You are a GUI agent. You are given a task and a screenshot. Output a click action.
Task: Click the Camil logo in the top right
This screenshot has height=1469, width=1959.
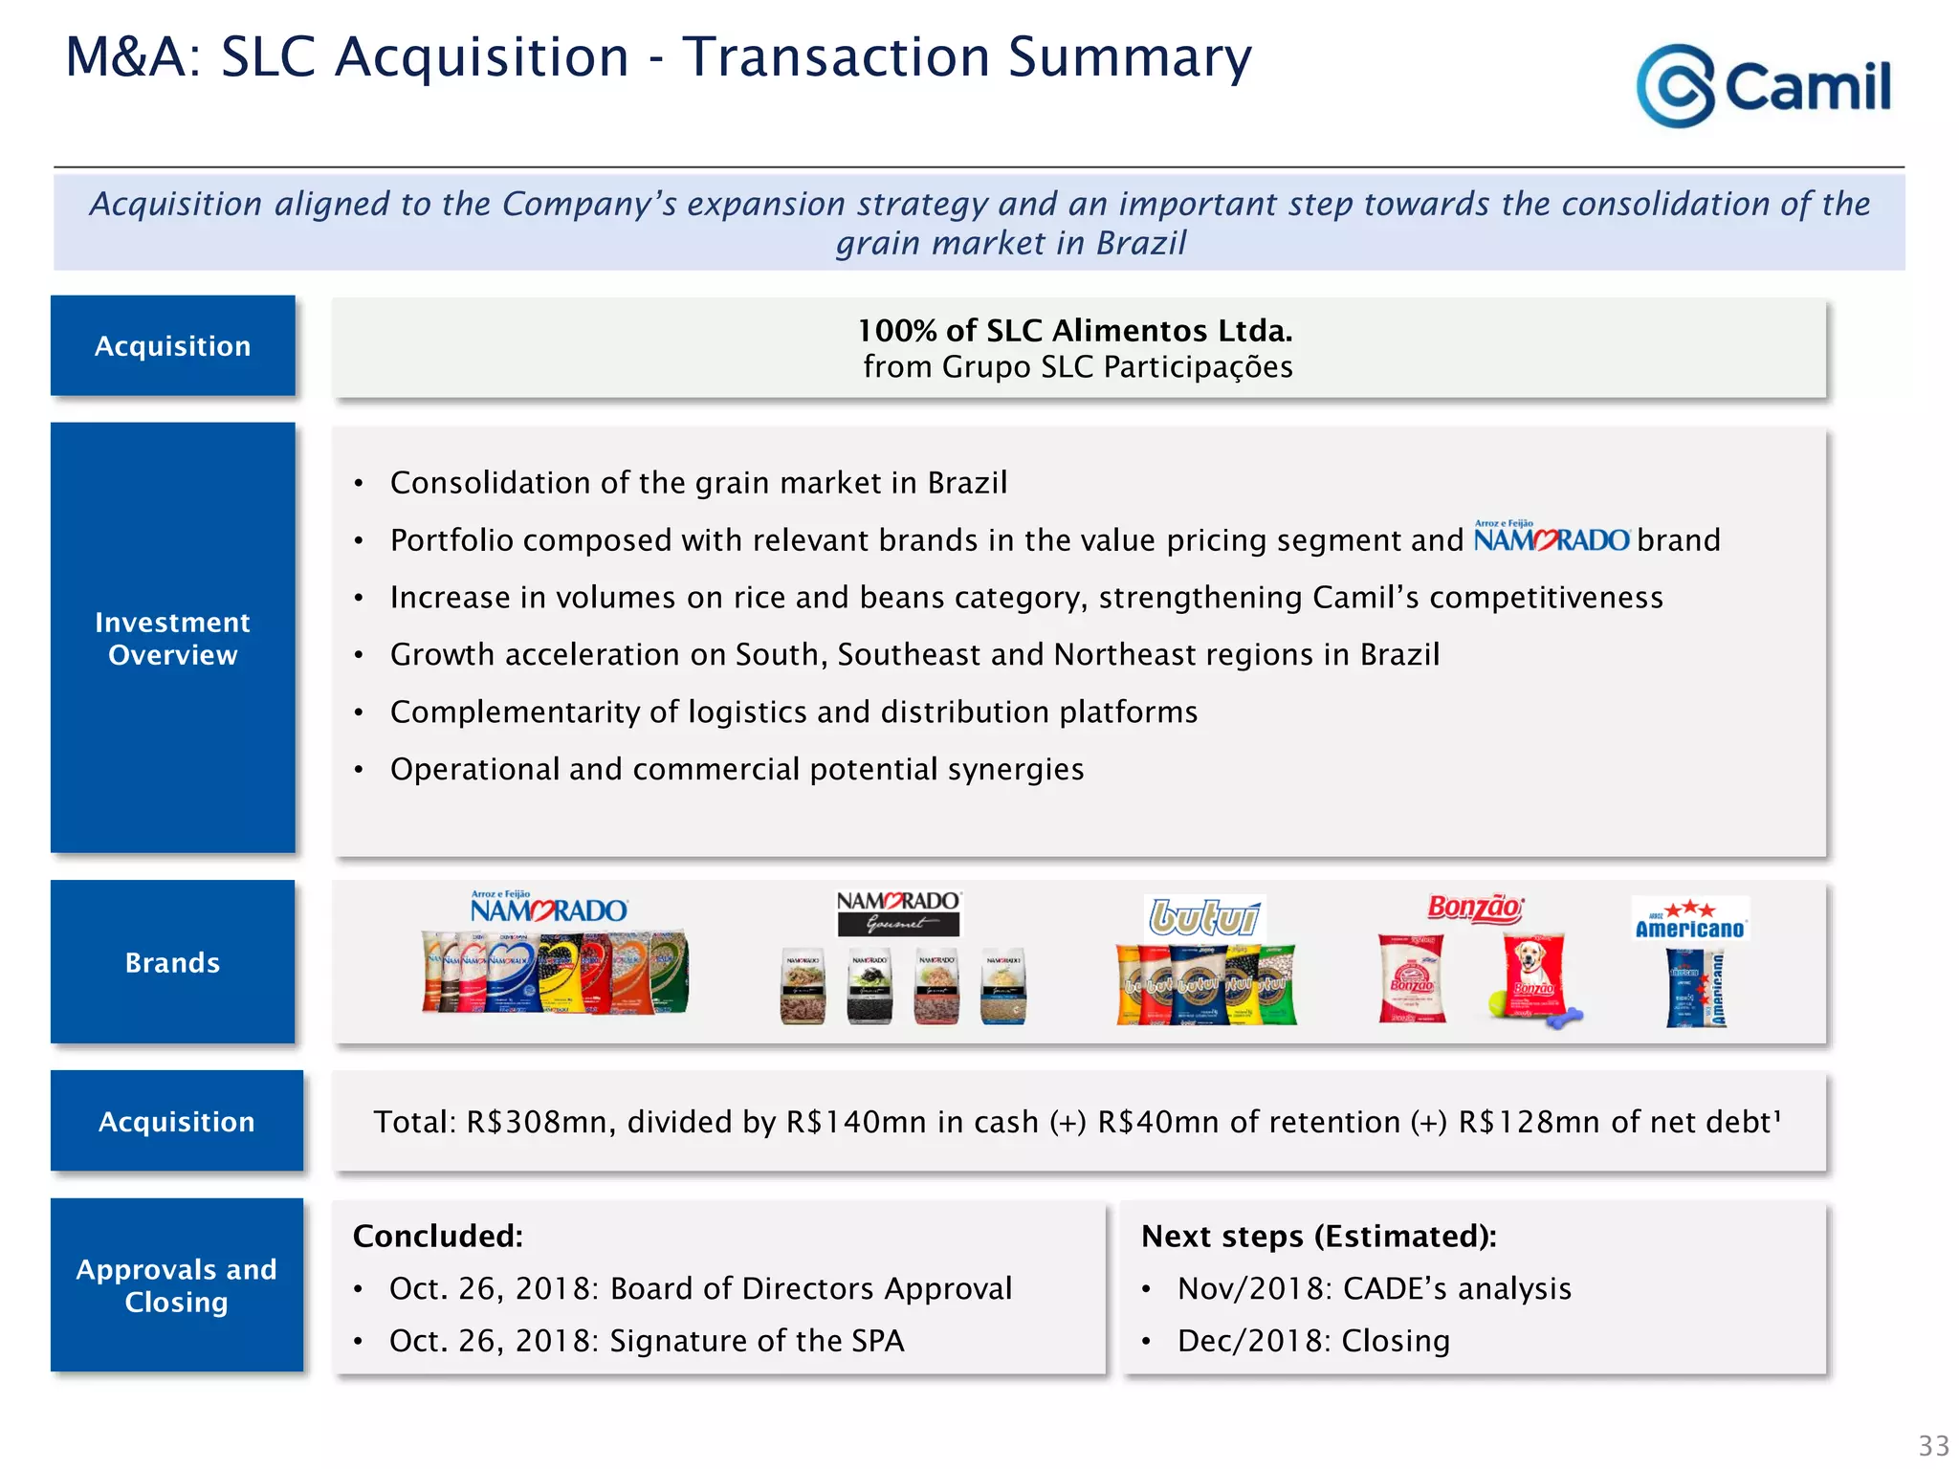(x=1763, y=86)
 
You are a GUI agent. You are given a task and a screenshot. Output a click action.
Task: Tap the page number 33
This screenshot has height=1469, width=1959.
(x=1933, y=1445)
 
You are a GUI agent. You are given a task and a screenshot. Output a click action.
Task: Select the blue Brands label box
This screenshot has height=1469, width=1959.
(x=173, y=962)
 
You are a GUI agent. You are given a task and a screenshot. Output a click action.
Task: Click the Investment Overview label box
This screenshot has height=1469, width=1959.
(x=173, y=638)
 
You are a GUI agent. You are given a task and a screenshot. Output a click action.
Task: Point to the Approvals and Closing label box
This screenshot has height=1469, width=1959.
(x=177, y=1285)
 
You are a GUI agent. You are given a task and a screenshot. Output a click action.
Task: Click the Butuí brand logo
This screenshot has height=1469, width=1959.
(x=1204, y=917)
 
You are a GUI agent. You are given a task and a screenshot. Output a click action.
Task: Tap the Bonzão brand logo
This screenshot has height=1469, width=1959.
(x=1474, y=908)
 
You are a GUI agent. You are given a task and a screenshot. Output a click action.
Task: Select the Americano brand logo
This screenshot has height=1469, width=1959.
(x=1690, y=919)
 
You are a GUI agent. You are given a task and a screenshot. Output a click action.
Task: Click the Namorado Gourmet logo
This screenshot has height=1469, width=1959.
(x=898, y=912)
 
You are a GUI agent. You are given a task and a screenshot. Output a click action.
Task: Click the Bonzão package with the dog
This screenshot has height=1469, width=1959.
(x=1533, y=978)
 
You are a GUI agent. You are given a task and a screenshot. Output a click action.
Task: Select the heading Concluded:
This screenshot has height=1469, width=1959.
(x=438, y=1236)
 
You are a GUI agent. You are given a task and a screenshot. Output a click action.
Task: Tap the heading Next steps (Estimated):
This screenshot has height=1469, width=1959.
(x=1319, y=1236)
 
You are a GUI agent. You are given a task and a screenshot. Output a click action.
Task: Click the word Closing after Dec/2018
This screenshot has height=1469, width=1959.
(x=1396, y=1341)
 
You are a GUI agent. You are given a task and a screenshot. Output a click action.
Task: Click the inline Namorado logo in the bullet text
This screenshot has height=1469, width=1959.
(x=1551, y=538)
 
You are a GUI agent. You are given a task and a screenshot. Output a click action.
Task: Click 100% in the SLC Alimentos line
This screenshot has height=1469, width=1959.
(x=897, y=331)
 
